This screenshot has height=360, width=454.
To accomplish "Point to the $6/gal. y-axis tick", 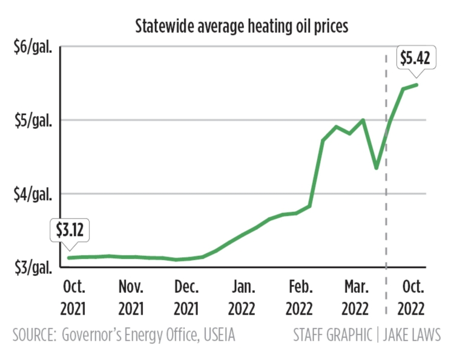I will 34,47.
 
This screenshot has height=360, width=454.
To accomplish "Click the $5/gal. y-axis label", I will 34,120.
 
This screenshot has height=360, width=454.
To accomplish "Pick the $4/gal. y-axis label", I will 34,194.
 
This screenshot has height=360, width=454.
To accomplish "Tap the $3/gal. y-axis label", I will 34,267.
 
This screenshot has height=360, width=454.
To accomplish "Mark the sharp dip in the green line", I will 377,168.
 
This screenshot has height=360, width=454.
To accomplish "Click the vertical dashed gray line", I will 386,182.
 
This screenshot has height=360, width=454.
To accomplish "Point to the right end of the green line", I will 417,85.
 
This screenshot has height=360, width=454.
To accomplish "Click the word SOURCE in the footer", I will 35,335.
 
